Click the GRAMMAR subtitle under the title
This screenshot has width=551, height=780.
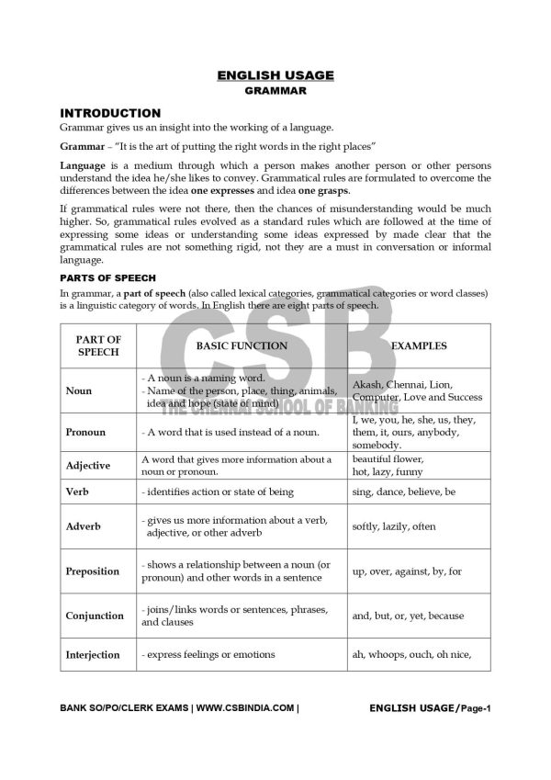[x=275, y=91]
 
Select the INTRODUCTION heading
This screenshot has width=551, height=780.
[x=109, y=112]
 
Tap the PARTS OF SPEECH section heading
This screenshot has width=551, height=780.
[x=107, y=277]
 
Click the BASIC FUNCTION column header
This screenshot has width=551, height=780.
[x=242, y=346]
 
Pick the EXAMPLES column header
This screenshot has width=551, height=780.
[x=419, y=346]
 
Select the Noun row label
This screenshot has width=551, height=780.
[x=79, y=390]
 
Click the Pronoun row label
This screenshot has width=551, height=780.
[x=85, y=432]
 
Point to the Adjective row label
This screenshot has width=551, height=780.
[x=88, y=465]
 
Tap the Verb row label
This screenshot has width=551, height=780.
[x=77, y=492]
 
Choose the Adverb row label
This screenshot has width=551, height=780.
[x=84, y=526]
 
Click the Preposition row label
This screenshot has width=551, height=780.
[x=93, y=571]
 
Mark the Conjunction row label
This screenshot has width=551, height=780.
[x=95, y=616]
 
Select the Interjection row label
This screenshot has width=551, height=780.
[x=93, y=655]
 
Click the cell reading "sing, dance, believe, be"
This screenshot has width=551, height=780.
[x=404, y=492]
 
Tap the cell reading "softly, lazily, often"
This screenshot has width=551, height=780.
[x=394, y=526]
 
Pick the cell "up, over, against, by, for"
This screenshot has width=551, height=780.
[x=407, y=571]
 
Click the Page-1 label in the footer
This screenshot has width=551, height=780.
[x=477, y=708]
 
